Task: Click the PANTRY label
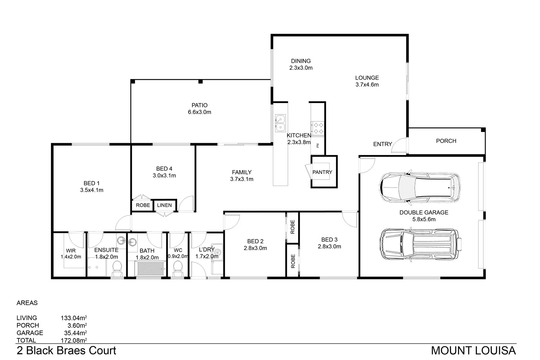pyautogui.click(x=322, y=172)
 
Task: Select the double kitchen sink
pyautogui.click(x=280, y=123)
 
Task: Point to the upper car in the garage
pyautogui.click(x=420, y=188)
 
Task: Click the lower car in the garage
pyautogui.click(x=420, y=245)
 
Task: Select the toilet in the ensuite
pyautogui.click(x=117, y=269)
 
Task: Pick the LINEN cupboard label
pyautogui.click(x=164, y=205)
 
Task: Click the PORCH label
pyautogui.click(x=446, y=141)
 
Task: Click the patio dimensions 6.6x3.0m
pyautogui.click(x=199, y=112)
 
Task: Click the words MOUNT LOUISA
pyautogui.click(x=473, y=351)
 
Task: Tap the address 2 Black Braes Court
pyautogui.click(x=66, y=351)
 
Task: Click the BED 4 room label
pyautogui.click(x=164, y=169)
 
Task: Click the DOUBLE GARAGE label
pyautogui.click(x=424, y=212)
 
